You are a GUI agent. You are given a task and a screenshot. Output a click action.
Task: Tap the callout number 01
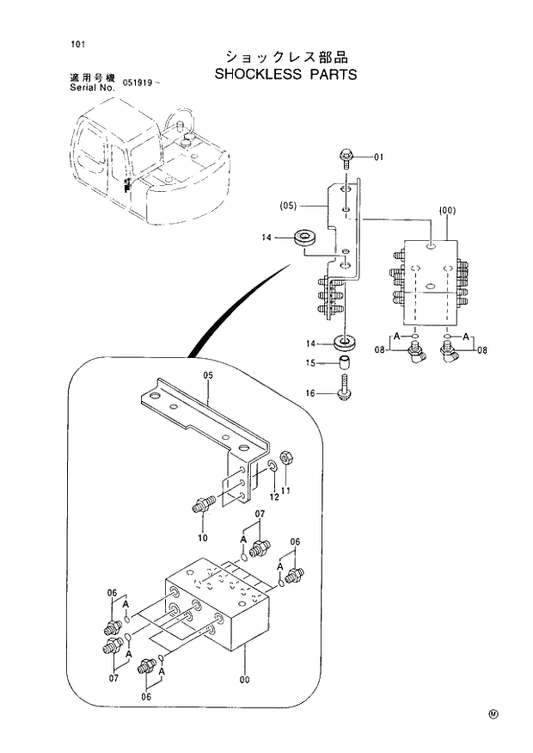(x=380, y=157)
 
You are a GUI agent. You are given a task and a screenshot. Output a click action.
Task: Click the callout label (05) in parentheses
(x=288, y=206)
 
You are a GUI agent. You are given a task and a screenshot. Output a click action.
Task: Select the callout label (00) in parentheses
(x=446, y=210)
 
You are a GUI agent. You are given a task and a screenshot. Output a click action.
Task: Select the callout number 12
(x=274, y=497)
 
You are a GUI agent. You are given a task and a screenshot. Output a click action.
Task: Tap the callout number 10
(x=203, y=538)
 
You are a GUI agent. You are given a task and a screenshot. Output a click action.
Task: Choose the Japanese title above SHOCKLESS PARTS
(x=285, y=57)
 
